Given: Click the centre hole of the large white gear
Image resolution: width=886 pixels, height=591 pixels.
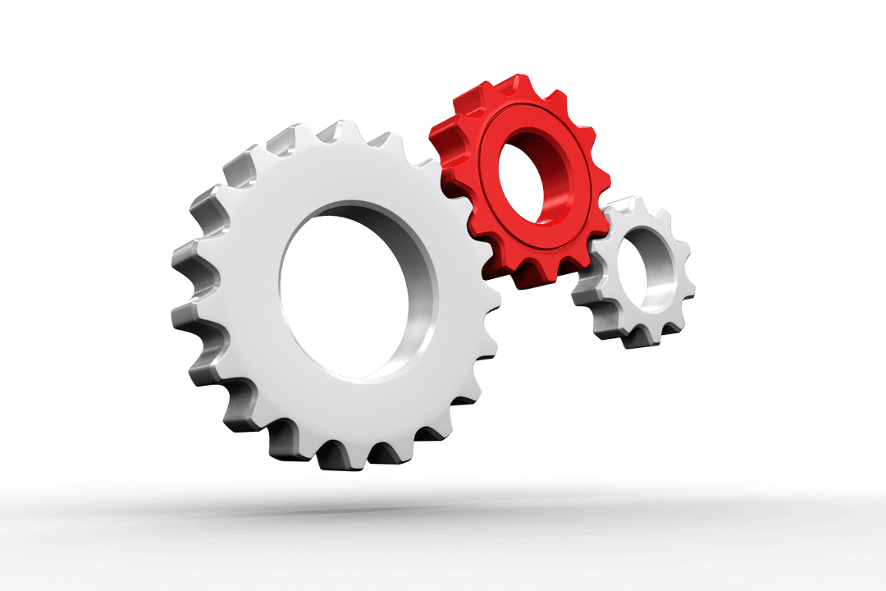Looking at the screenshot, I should (x=340, y=291).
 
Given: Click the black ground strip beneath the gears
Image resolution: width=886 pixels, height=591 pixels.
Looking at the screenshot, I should (x=443, y=534).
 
